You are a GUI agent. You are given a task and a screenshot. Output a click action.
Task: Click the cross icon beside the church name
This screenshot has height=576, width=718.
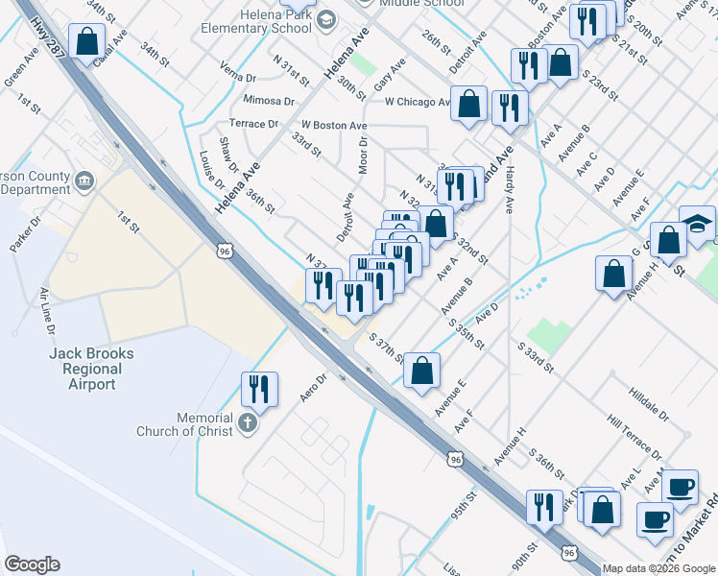tap(248, 423)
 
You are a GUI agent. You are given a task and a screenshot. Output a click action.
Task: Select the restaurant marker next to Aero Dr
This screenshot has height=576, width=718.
tap(259, 389)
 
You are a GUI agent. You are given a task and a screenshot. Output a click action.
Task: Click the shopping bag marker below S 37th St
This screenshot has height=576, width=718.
tap(421, 370)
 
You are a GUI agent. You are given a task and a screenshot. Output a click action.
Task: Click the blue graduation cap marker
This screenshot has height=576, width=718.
tap(698, 223)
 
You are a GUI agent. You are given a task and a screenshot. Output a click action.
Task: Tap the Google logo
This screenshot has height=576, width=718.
tap(32, 564)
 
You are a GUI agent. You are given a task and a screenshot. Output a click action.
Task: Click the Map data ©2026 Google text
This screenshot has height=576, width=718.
tap(659, 568)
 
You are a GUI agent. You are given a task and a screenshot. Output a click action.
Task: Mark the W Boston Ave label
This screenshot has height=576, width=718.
tap(334, 126)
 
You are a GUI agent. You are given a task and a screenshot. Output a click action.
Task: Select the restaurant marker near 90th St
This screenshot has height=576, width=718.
tap(545, 506)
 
